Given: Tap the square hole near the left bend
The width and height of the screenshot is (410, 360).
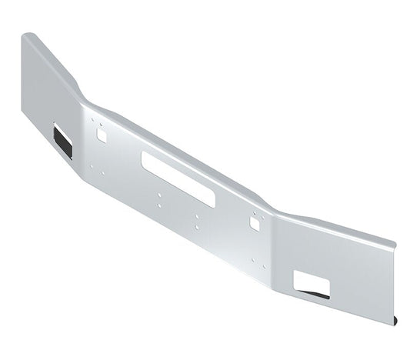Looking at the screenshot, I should (102, 135).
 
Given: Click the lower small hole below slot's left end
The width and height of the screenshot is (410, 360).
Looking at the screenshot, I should (158, 204).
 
